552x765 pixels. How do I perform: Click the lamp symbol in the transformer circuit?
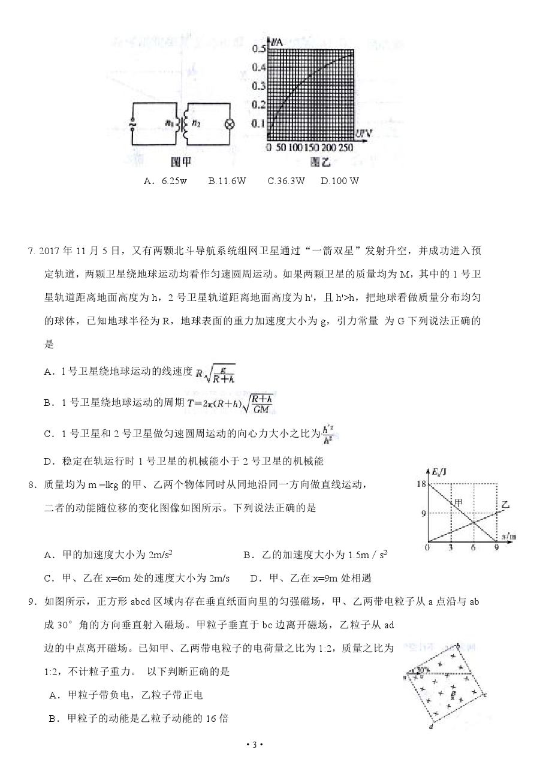click(x=227, y=124)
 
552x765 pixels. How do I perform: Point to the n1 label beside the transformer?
click(x=169, y=123)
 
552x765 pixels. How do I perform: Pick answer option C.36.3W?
click(x=286, y=180)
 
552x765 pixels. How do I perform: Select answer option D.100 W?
click(x=340, y=180)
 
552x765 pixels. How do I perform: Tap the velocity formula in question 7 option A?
click(x=215, y=372)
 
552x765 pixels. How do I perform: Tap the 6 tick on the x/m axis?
click(x=473, y=547)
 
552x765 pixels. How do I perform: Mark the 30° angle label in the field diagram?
click(x=421, y=669)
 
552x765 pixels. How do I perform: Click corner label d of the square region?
click(x=431, y=727)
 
